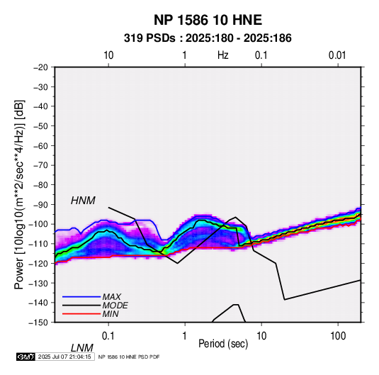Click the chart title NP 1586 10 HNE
coord(208,20)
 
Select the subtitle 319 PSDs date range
coord(208,38)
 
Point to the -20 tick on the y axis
coord(40,67)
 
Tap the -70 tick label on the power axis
coord(40,165)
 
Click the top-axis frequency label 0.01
coord(337,55)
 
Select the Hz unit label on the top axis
coord(223,55)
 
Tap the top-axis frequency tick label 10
coord(108,55)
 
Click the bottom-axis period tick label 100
coord(338,336)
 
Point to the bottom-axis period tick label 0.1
coord(108,336)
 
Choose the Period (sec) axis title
coord(223,344)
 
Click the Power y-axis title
coord(19,195)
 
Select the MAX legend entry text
coord(112,297)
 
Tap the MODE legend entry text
coord(115,306)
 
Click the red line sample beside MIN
coord(81,314)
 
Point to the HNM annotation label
coord(83,201)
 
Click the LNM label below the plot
coord(81,348)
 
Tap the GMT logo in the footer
coord(26,357)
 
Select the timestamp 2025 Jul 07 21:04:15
coord(64,357)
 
